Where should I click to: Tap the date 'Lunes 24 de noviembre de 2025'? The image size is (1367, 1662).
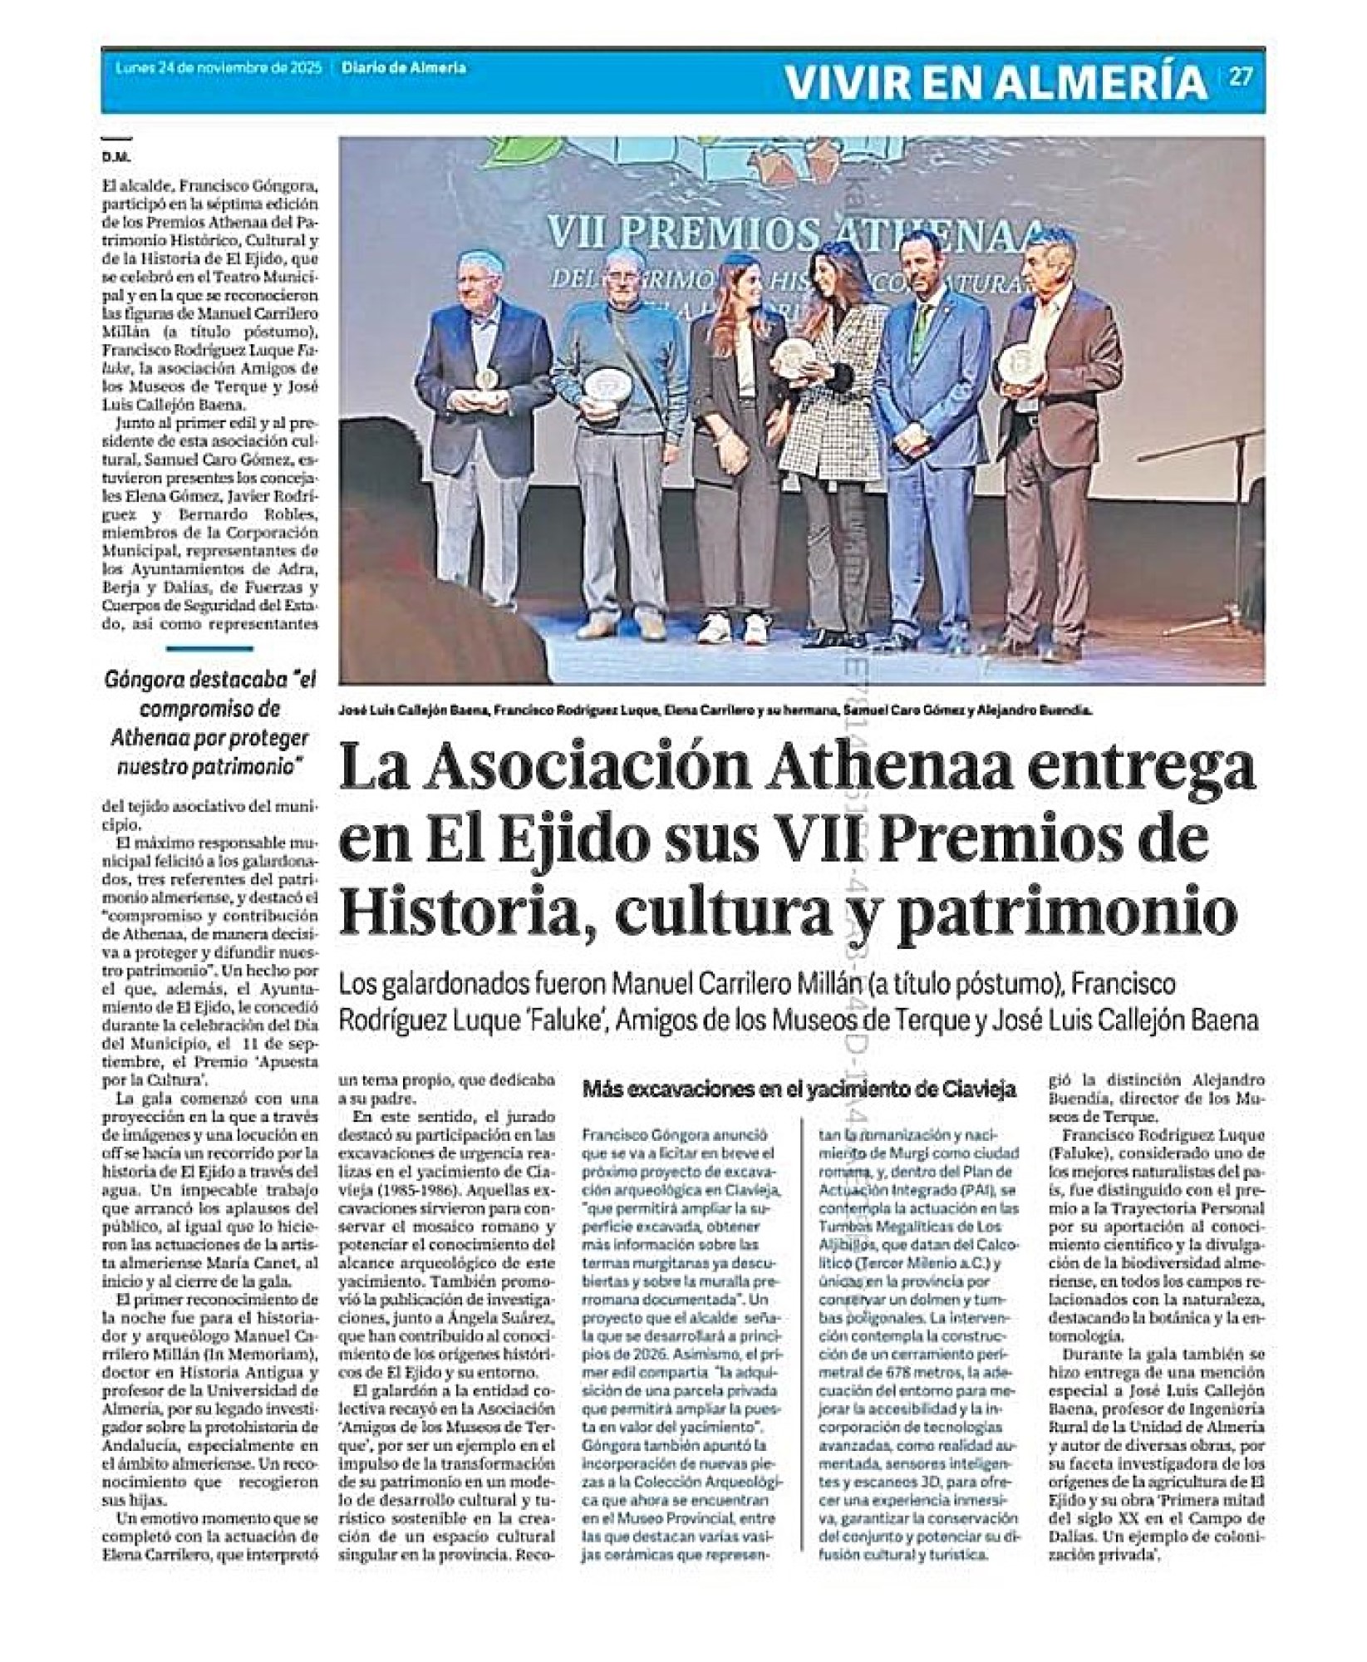pyautogui.click(x=219, y=69)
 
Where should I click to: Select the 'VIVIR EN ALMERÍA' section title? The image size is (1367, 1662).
pyautogui.click(x=996, y=81)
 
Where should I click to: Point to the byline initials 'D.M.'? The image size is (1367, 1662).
pyautogui.click(x=112, y=156)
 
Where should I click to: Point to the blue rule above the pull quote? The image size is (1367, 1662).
pyautogui.click(x=209, y=649)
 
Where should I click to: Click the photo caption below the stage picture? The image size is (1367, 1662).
pyautogui.click(x=715, y=711)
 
